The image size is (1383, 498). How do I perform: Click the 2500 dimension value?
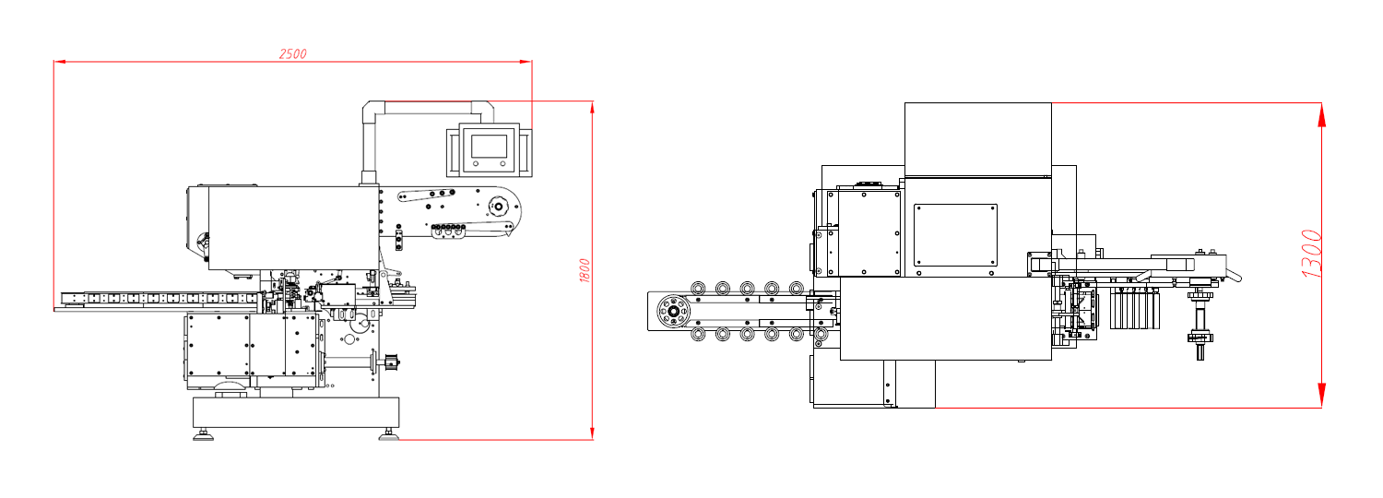(292, 53)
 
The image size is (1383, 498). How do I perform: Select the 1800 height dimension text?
(585, 270)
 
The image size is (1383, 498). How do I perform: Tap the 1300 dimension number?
(1311, 254)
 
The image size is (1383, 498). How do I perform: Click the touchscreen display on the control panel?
(489, 147)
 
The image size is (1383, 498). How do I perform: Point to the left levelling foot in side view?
(203, 436)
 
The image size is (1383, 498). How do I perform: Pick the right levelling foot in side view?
(389, 436)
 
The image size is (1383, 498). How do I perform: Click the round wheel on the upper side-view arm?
(498, 205)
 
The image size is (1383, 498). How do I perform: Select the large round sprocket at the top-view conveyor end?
(673, 311)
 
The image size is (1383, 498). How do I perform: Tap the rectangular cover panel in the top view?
(955, 235)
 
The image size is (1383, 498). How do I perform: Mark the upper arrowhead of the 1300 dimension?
(1321, 115)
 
